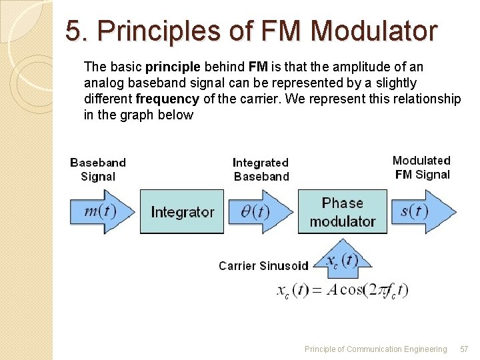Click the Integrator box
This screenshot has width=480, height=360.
(x=182, y=212)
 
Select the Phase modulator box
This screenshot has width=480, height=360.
(x=342, y=212)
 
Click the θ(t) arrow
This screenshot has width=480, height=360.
(x=257, y=212)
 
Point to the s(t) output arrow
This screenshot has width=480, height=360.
(x=418, y=212)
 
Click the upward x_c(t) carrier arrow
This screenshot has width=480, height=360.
(x=341, y=260)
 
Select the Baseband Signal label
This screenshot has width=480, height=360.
(x=98, y=169)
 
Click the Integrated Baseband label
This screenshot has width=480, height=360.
(x=261, y=169)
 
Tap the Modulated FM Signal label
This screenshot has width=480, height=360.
(x=421, y=167)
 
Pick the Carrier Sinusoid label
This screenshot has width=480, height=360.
(x=263, y=266)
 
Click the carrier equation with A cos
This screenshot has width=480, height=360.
(x=342, y=291)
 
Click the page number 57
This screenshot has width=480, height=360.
(x=465, y=349)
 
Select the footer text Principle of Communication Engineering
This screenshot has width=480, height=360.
(x=375, y=349)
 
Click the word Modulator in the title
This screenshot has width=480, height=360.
(x=374, y=31)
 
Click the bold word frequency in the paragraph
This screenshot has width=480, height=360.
(x=167, y=99)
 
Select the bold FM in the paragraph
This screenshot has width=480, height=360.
(x=257, y=67)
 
